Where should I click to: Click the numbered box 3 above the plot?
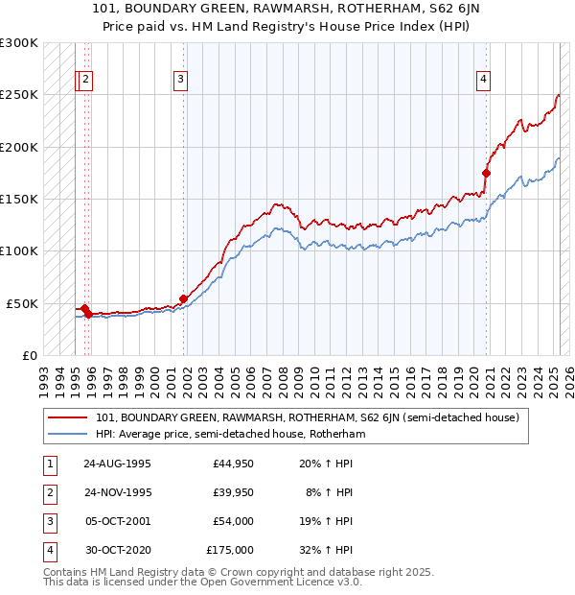[x=180, y=80]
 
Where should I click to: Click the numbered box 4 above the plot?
[x=484, y=80]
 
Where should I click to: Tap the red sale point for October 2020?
[x=486, y=174]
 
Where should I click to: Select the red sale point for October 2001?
[x=183, y=298]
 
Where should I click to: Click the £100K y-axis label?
[x=19, y=250]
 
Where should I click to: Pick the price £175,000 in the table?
[x=230, y=550]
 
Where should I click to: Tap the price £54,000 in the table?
[x=233, y=521]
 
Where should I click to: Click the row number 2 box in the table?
[x=49, y=492]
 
